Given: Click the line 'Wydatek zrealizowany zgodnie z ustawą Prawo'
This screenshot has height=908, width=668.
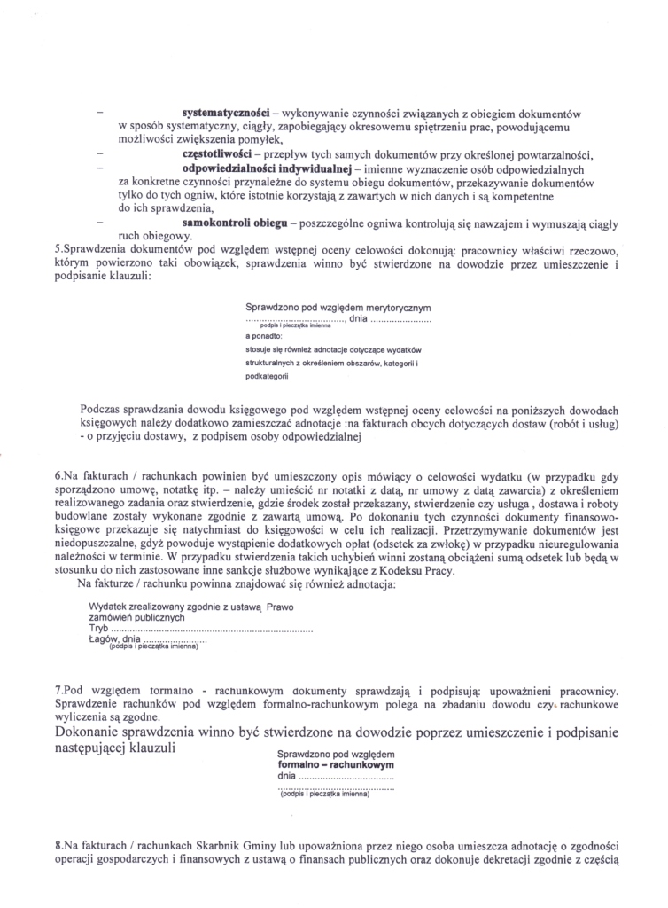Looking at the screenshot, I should (190, 606).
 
